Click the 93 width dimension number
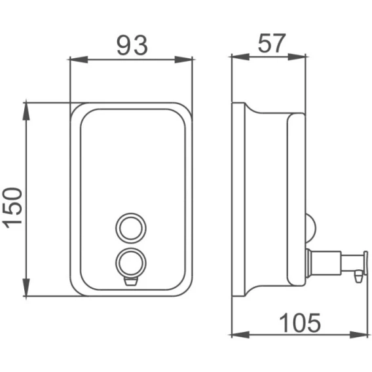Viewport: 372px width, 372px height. click(x=132, y=45)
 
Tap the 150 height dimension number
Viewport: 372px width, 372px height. click(x=12, y=208)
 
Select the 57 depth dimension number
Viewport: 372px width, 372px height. click(x=272, y=43)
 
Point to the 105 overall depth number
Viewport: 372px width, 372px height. click(x=300, y=323)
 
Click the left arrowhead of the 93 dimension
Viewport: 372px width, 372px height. click(x=79, y=60)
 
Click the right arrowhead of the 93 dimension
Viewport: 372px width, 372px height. click(x=183, y=60)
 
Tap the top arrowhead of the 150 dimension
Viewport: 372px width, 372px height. click(x=26, y=111)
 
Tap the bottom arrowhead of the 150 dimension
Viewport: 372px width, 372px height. click(x=26, y=288)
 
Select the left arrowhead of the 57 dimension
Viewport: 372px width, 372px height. click(x=240, y=57)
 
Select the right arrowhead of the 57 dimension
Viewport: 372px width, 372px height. click(x=297, y=57)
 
